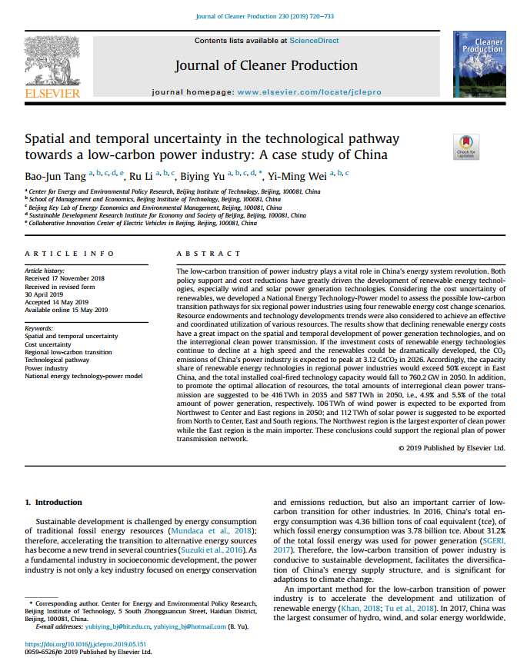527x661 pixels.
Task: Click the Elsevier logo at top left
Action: (52, 68)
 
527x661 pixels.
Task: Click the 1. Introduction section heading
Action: (54, 502)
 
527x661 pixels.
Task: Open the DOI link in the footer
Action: (86, 644)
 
